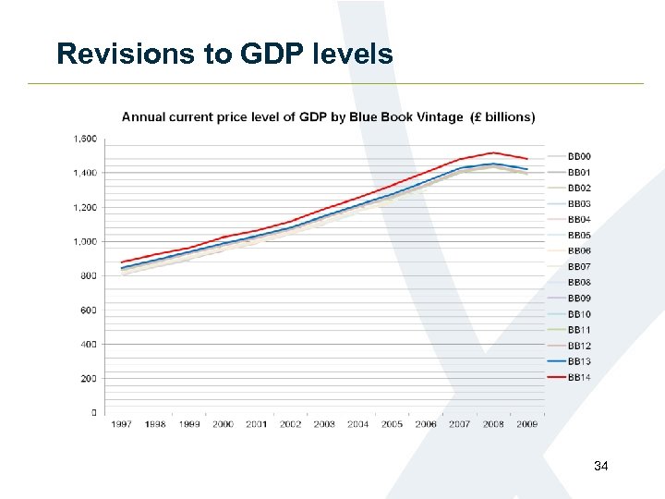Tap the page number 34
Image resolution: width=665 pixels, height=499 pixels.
coord(601,467)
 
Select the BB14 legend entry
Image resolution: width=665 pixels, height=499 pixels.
coord(578,378)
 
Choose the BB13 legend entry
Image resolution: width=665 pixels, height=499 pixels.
coord(578,361)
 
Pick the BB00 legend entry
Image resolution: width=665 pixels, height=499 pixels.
coord(578,156)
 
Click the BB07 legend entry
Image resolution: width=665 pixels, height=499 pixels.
coord(578,267)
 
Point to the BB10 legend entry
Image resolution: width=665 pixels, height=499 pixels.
coord(578,314)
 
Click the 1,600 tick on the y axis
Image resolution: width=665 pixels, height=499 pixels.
coord(85,139)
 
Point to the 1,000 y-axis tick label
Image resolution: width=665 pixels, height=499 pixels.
coord(85,241)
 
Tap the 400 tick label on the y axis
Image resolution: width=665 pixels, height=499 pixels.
coord(88,344)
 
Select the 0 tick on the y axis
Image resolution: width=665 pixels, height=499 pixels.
coord(93,412)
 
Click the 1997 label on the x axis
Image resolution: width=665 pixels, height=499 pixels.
coord(122,425)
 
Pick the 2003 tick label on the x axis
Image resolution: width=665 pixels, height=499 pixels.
coord(324,425)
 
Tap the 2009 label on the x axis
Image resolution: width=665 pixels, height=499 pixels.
coord(526,425)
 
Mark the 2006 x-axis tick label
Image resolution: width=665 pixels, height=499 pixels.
coord(426,425)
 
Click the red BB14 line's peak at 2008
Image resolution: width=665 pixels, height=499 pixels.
coord(493,152)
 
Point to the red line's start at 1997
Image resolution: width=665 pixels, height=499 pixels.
coord(122,262)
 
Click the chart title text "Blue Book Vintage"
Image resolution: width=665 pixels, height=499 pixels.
coord(407,117)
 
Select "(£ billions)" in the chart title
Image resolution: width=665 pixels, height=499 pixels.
coord(503,117)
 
